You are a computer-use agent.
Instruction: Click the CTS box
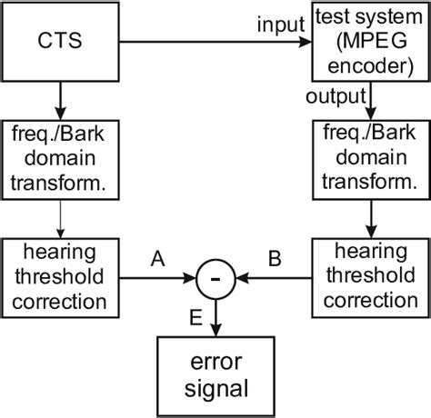tap(60, 42)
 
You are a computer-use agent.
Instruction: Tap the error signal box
tap(216, 374)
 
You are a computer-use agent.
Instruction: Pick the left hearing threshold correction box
tap(60, 276)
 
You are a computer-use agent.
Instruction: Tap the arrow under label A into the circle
tap(155, 277)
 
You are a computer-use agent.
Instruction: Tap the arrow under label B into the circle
tap(273, 277)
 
